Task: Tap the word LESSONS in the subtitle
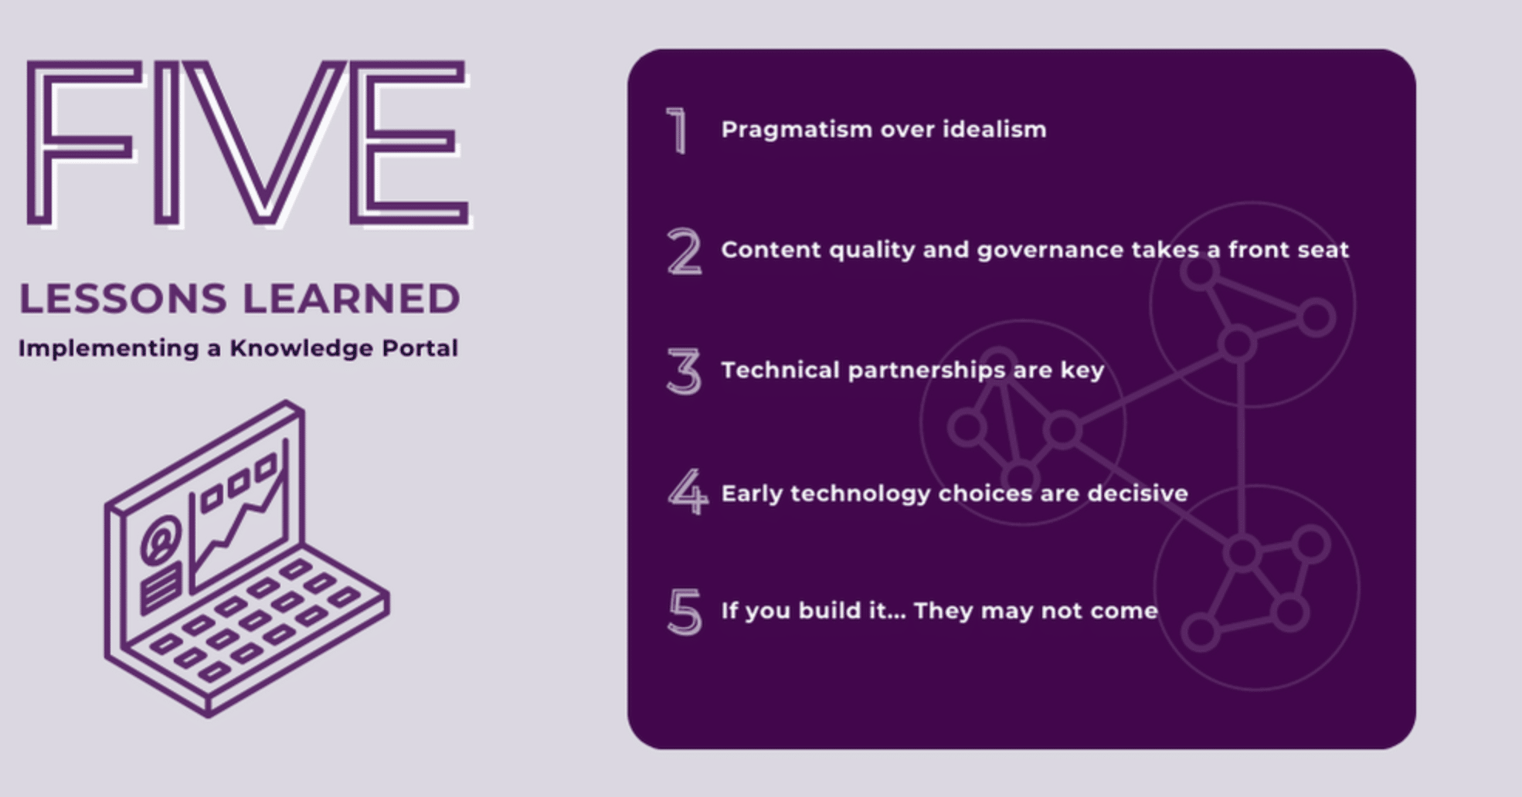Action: tap(123, 299)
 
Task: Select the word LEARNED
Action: tap(352, 299)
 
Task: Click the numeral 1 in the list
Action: tap(678, 131)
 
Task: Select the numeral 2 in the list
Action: tap(685, 251)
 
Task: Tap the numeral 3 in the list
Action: tap(685, 371)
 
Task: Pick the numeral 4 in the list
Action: tap(688, 492)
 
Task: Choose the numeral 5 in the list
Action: tap(685, 612)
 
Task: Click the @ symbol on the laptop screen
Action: tap(161, 539)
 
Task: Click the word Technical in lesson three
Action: tap(780, 370)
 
